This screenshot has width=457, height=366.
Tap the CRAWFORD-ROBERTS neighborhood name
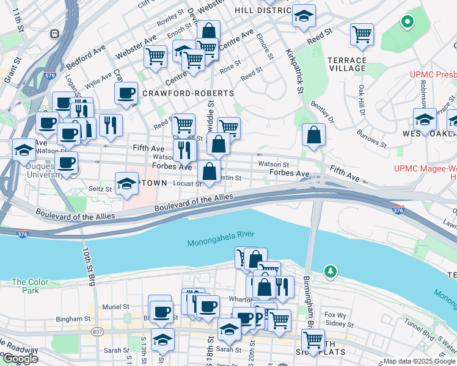(x=188, y=93)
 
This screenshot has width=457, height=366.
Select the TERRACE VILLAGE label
(x=346, y=64)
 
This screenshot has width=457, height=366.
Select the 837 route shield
(x=98, y=331)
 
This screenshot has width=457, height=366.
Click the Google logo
(x=20, y=359)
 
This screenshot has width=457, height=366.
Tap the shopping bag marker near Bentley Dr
(x=313, y=135)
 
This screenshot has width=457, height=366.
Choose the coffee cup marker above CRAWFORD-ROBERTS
(x=126, y=93)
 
